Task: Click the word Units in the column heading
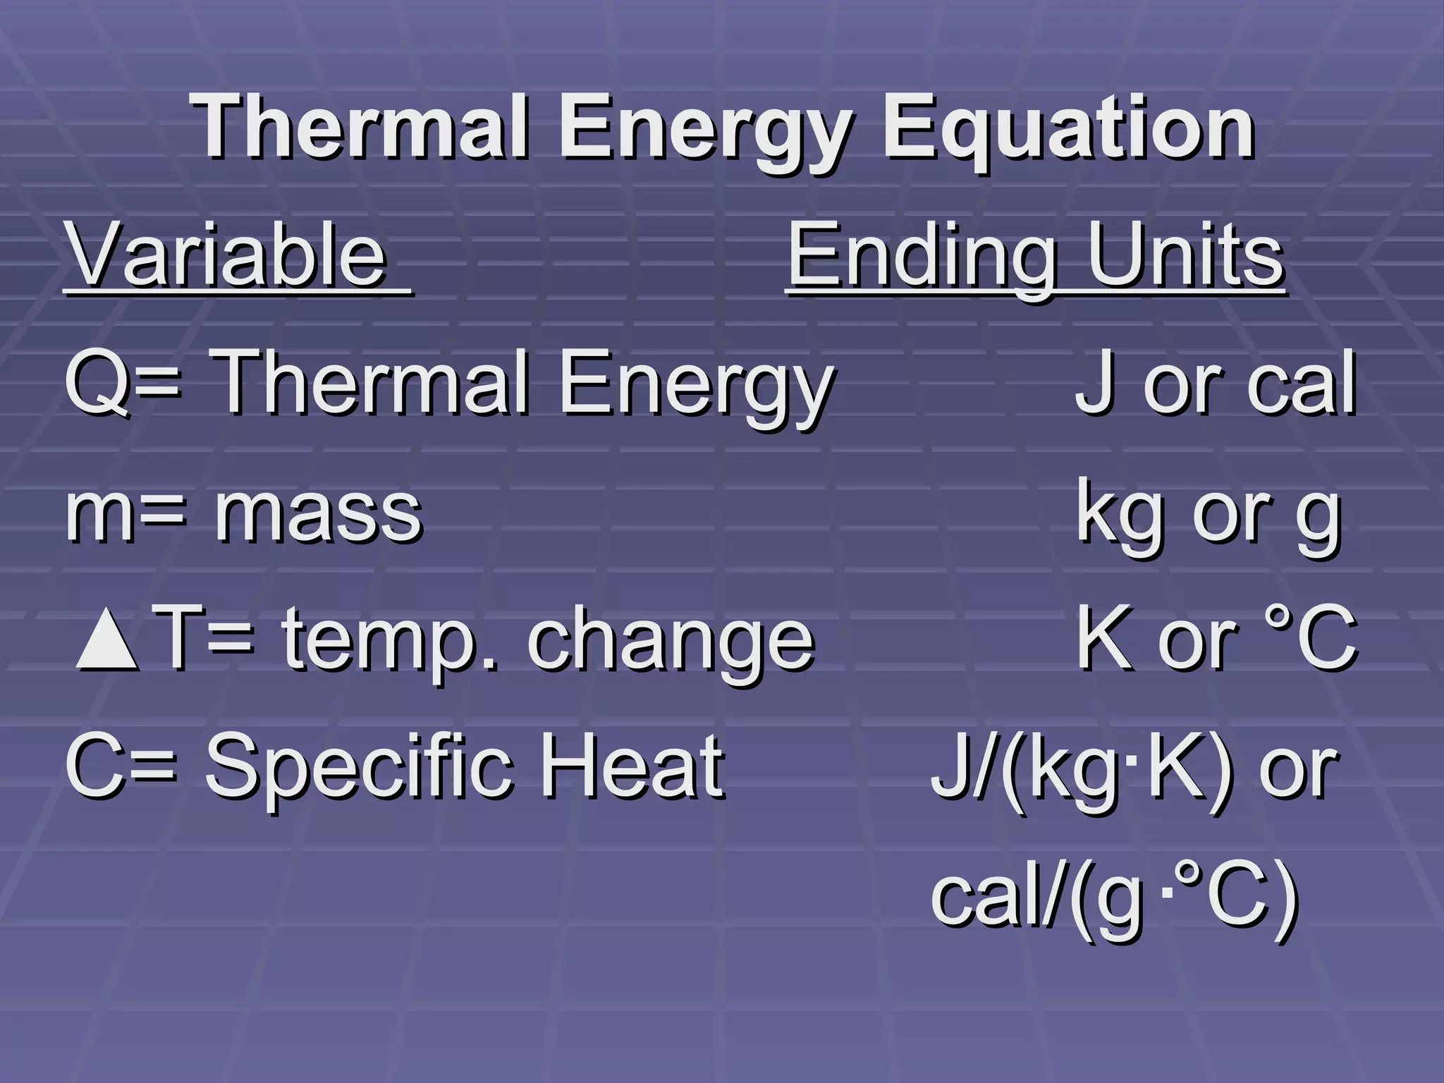1185,255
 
